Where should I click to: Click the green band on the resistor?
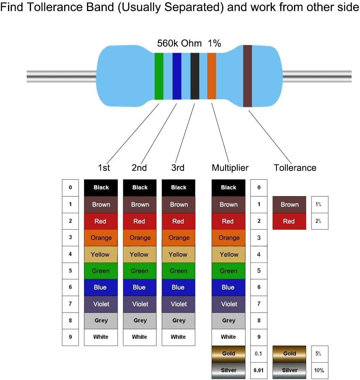click(159, 76)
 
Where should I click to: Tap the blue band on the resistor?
click(177, 76)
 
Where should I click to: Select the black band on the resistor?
click(195, 76)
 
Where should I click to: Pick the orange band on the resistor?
click(211, 76)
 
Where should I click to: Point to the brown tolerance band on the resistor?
click(247, 76)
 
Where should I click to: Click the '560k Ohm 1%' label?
click(189, 43)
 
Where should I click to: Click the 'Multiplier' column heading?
click(230, 168)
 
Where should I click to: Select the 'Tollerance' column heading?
click(295, 168)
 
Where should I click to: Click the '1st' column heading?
click(104, 168)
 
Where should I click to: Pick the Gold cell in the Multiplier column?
click(228, 354)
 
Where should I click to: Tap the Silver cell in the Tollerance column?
click(289, 370)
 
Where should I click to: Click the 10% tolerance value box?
click(320, 370)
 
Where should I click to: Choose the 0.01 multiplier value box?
click(259, 370)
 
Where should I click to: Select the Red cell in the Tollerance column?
click(289, 221)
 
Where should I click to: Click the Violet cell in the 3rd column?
click(179, 304)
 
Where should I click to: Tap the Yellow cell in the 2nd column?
click(139, 254)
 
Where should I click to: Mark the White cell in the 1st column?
click(101, 337)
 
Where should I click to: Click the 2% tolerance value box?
click(320, 221)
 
